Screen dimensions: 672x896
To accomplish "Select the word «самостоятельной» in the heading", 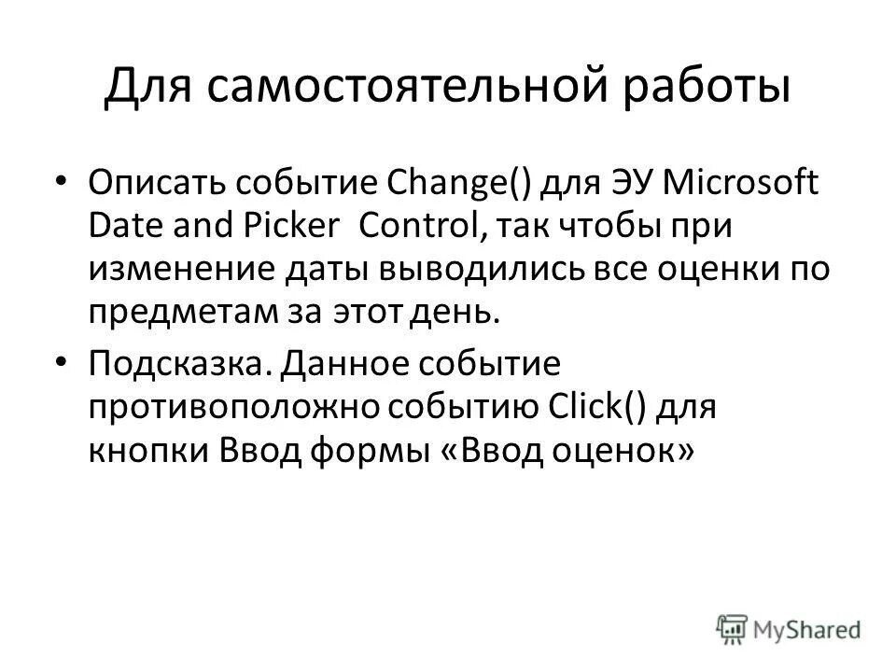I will (x=385, y=87).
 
